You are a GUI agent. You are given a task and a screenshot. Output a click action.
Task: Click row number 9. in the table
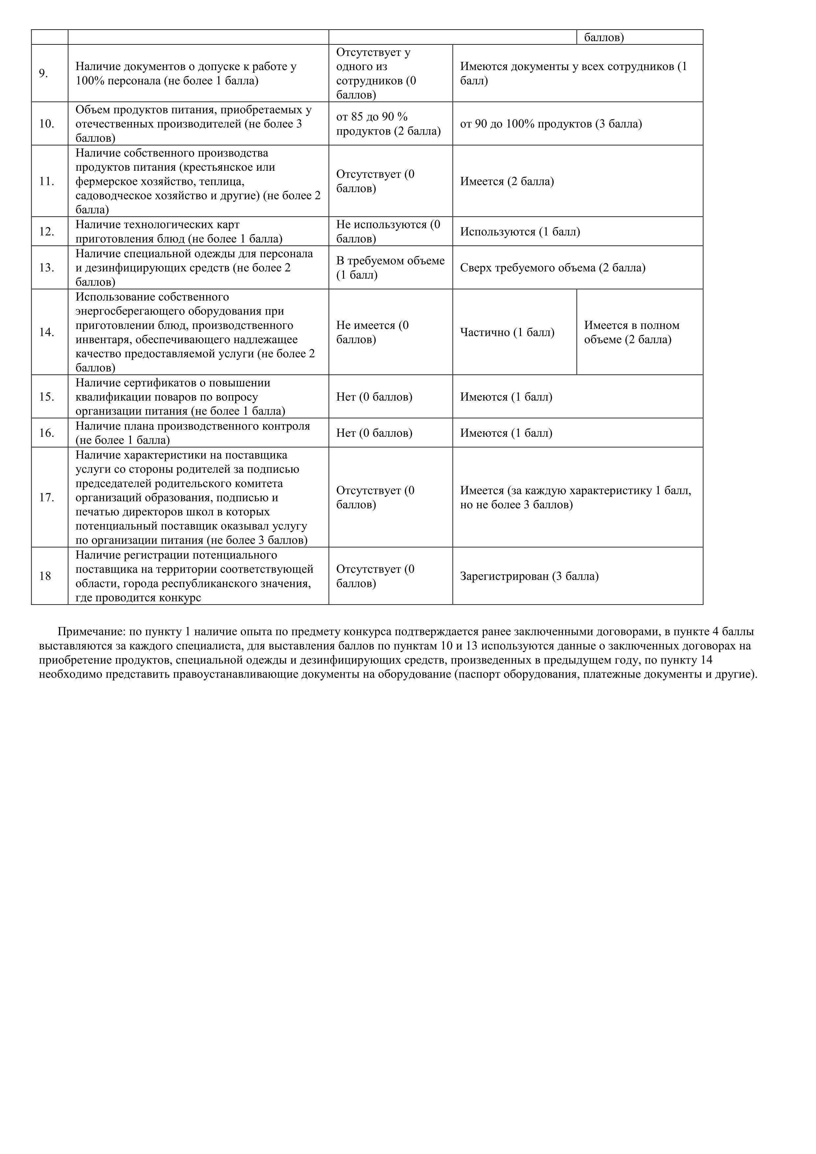coord(44,73)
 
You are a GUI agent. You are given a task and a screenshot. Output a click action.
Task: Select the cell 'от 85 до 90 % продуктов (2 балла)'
coord(388,124)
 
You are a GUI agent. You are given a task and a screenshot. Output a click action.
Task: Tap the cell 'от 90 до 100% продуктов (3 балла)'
coord(551,124)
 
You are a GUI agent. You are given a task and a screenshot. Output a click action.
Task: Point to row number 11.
coord(47,182)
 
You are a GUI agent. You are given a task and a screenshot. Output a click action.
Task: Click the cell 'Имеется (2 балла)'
coord(507,182)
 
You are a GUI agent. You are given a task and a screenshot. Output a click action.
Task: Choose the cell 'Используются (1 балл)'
coord(520,232)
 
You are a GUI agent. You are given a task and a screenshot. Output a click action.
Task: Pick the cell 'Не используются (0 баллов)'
coord(388,232)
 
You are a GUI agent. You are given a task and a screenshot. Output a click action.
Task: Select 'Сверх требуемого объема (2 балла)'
coord(552,268)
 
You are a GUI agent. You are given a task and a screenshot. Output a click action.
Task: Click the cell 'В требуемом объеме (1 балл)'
coord(390,268)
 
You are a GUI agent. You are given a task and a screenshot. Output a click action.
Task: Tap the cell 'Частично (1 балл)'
coord(507,333)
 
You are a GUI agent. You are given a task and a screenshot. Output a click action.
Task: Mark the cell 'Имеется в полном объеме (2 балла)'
coord(631,333)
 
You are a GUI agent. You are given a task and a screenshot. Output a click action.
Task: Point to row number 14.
coord(47,332)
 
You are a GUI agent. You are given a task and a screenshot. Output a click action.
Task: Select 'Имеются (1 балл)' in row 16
coord(506,433)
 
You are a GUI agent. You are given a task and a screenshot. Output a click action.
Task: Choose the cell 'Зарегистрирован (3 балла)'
coord(529,576)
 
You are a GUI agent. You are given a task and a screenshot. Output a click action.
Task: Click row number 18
coord(45,576)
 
